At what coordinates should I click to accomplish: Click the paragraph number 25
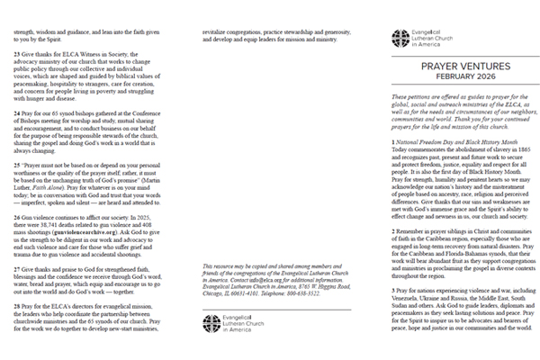(x=17, y=166)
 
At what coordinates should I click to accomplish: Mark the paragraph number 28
(x=17, y=307)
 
